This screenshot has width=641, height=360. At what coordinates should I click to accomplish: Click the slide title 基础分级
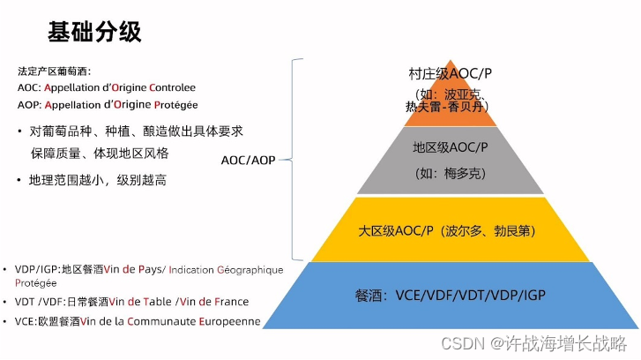pyautogui.click(x=94, y=33)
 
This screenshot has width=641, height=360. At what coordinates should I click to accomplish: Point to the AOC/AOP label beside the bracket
pyautogui.click(x=248, y=161)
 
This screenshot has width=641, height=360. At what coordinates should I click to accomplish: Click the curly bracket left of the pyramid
pyautogui.click(x=298, y=161)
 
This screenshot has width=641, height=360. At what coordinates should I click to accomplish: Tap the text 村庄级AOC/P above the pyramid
pyautogui.click(x=450, y=74)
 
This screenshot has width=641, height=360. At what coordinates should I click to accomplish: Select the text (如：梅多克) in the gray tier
pyautogui.click(x=451, y=173)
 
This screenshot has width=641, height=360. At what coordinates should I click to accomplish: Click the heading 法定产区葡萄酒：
pyautogui.click(x=54, y=71)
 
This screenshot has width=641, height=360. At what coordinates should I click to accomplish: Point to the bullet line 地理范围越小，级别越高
pyautogui.click(x=98, y=180)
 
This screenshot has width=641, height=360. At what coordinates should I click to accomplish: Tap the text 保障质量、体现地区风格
pyautogui.click(x=99, y=153)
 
